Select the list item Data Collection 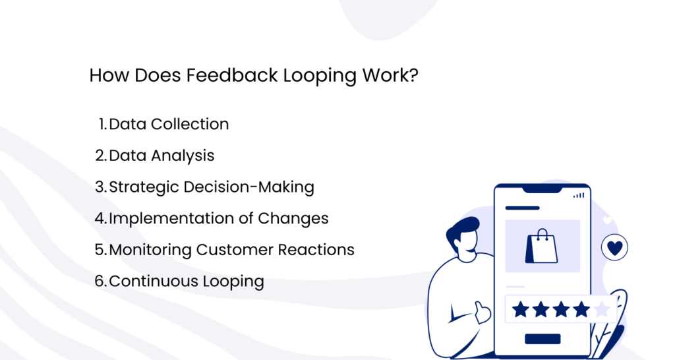[x=169, y=124]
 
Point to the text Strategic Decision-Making [x=211, y=187]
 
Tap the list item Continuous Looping [x=186, y=282]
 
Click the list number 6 [x=100, y=282]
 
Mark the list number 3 [x=100, y=187]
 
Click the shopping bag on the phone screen [x=541, y=245]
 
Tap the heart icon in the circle [x=614, y=248]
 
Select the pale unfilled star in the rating [x=601, y=309]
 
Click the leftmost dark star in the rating [x=521, y=309]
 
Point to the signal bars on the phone [x=579, y=195]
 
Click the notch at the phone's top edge [x=542, y=190]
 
